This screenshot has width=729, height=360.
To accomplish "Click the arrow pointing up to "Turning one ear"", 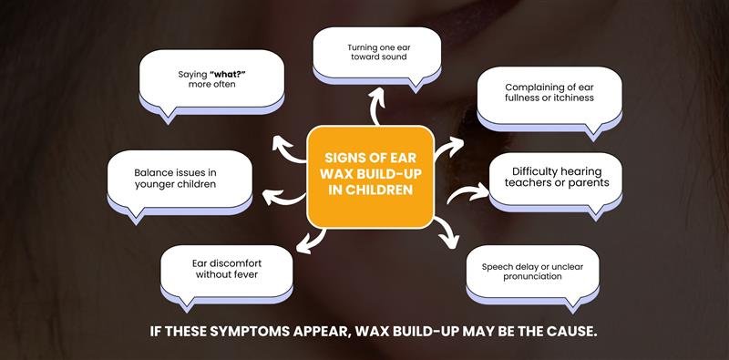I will tap(375, 107).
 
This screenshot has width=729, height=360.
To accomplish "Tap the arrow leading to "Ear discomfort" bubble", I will tap(311, 239).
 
